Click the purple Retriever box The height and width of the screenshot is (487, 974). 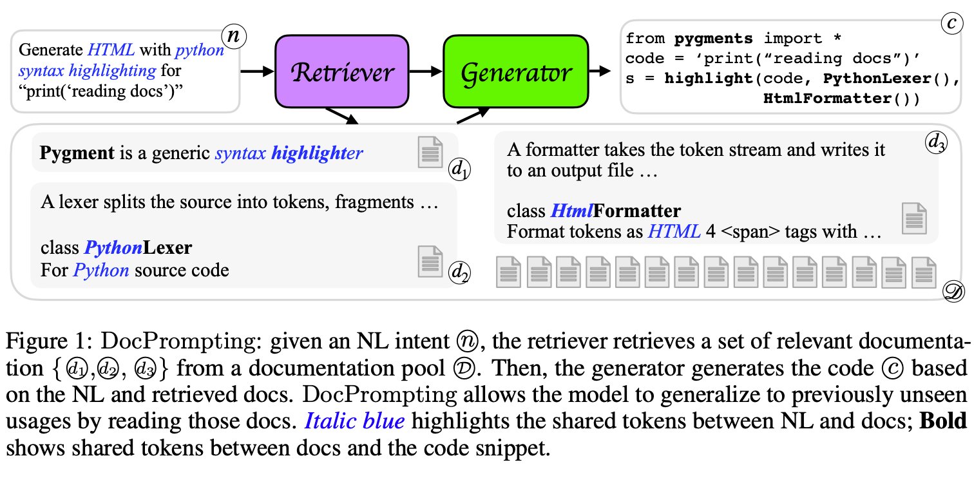(x=342, y=72)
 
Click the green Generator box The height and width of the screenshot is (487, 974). (x=515, y=72)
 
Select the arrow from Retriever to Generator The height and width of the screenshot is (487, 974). (x=426, y=72)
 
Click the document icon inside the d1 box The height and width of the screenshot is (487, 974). (x=430, y=153)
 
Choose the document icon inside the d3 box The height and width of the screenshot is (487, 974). (x=914, y=218)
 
